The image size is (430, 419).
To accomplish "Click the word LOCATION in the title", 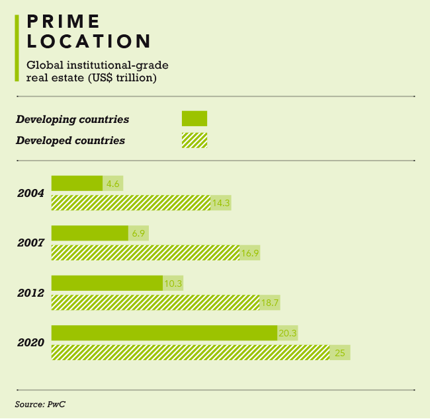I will click(89, 41).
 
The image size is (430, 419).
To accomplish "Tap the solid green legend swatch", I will click(194, 118).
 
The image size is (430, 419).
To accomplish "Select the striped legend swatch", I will click(194, 140).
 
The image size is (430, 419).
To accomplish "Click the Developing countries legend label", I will click(72, 120).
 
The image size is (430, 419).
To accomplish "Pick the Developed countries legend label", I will click(70, 140).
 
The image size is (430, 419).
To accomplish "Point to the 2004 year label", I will click(31, 194).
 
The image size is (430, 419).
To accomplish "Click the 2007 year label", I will click(31, 243).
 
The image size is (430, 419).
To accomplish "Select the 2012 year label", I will click(31, 293).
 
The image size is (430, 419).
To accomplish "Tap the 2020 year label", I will click(31, 343).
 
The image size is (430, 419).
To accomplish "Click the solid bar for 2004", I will click(77, 183).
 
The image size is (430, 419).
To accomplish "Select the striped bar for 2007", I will click(145, 252).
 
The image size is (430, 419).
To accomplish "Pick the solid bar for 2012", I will click(107, 283).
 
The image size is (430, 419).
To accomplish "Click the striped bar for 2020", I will click(190, 352).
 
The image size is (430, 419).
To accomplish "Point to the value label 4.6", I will click(112, 184).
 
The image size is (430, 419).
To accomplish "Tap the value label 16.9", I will click(249, 252).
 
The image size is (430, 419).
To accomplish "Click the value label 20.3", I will click(287, 333).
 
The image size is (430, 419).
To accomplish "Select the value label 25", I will click(340, 353).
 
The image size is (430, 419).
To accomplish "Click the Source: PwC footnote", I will click(40, 404).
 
